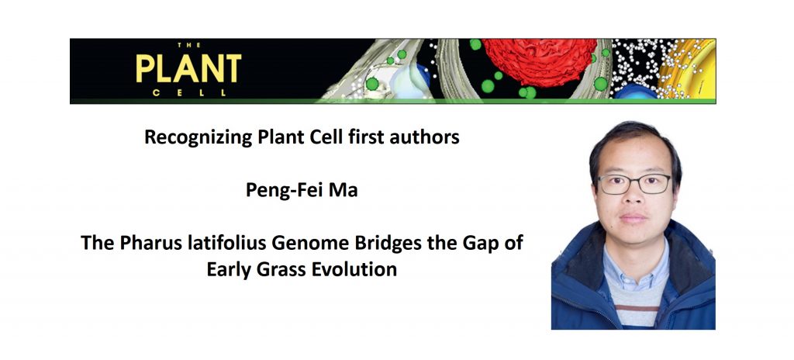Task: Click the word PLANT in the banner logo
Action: [188, 69]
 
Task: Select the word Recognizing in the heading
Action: [197, 138]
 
